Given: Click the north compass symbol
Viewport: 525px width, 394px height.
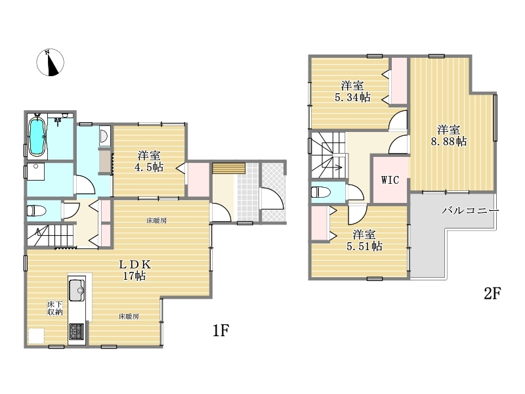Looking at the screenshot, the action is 50,62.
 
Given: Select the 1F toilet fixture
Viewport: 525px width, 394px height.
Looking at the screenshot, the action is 36,211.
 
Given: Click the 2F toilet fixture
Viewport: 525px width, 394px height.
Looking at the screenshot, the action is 320,192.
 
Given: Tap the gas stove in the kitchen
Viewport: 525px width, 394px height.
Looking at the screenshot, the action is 77,332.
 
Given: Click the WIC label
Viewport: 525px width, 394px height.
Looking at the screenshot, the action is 390,180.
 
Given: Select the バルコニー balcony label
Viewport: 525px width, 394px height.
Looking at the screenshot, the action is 470,211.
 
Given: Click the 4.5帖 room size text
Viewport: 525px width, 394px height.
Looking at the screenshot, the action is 149,167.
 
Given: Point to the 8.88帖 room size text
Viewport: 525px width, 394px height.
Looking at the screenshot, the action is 449,141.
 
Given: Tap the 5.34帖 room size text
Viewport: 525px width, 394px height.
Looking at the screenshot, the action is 352,97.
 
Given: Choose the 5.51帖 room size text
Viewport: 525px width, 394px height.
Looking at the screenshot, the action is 364,247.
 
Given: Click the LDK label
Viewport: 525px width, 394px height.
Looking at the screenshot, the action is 135,265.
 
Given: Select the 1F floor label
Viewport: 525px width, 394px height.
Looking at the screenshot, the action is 220,331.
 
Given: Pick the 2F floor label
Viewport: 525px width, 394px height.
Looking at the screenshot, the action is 492,294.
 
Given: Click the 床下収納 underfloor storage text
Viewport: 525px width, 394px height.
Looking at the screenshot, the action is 54,308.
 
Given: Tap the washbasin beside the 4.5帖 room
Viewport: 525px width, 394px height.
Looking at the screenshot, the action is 104,137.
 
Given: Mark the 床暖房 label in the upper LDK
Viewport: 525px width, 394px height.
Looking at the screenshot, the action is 157,221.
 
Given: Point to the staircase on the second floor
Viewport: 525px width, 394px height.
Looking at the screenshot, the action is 328,155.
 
